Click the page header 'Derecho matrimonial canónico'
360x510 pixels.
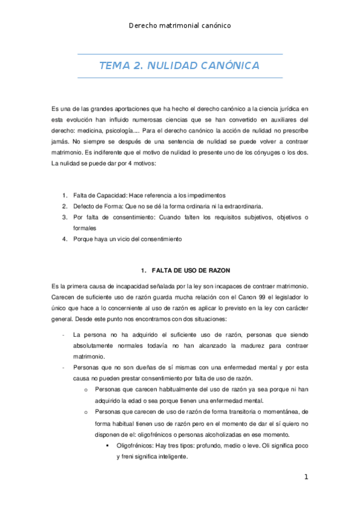pos(180,25)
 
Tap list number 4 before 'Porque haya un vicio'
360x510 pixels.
pos(65,239)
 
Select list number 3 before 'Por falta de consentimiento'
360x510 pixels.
pos(65,217)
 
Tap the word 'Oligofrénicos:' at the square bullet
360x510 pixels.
pos(136,446)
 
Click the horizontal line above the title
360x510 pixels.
pos(180,54)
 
